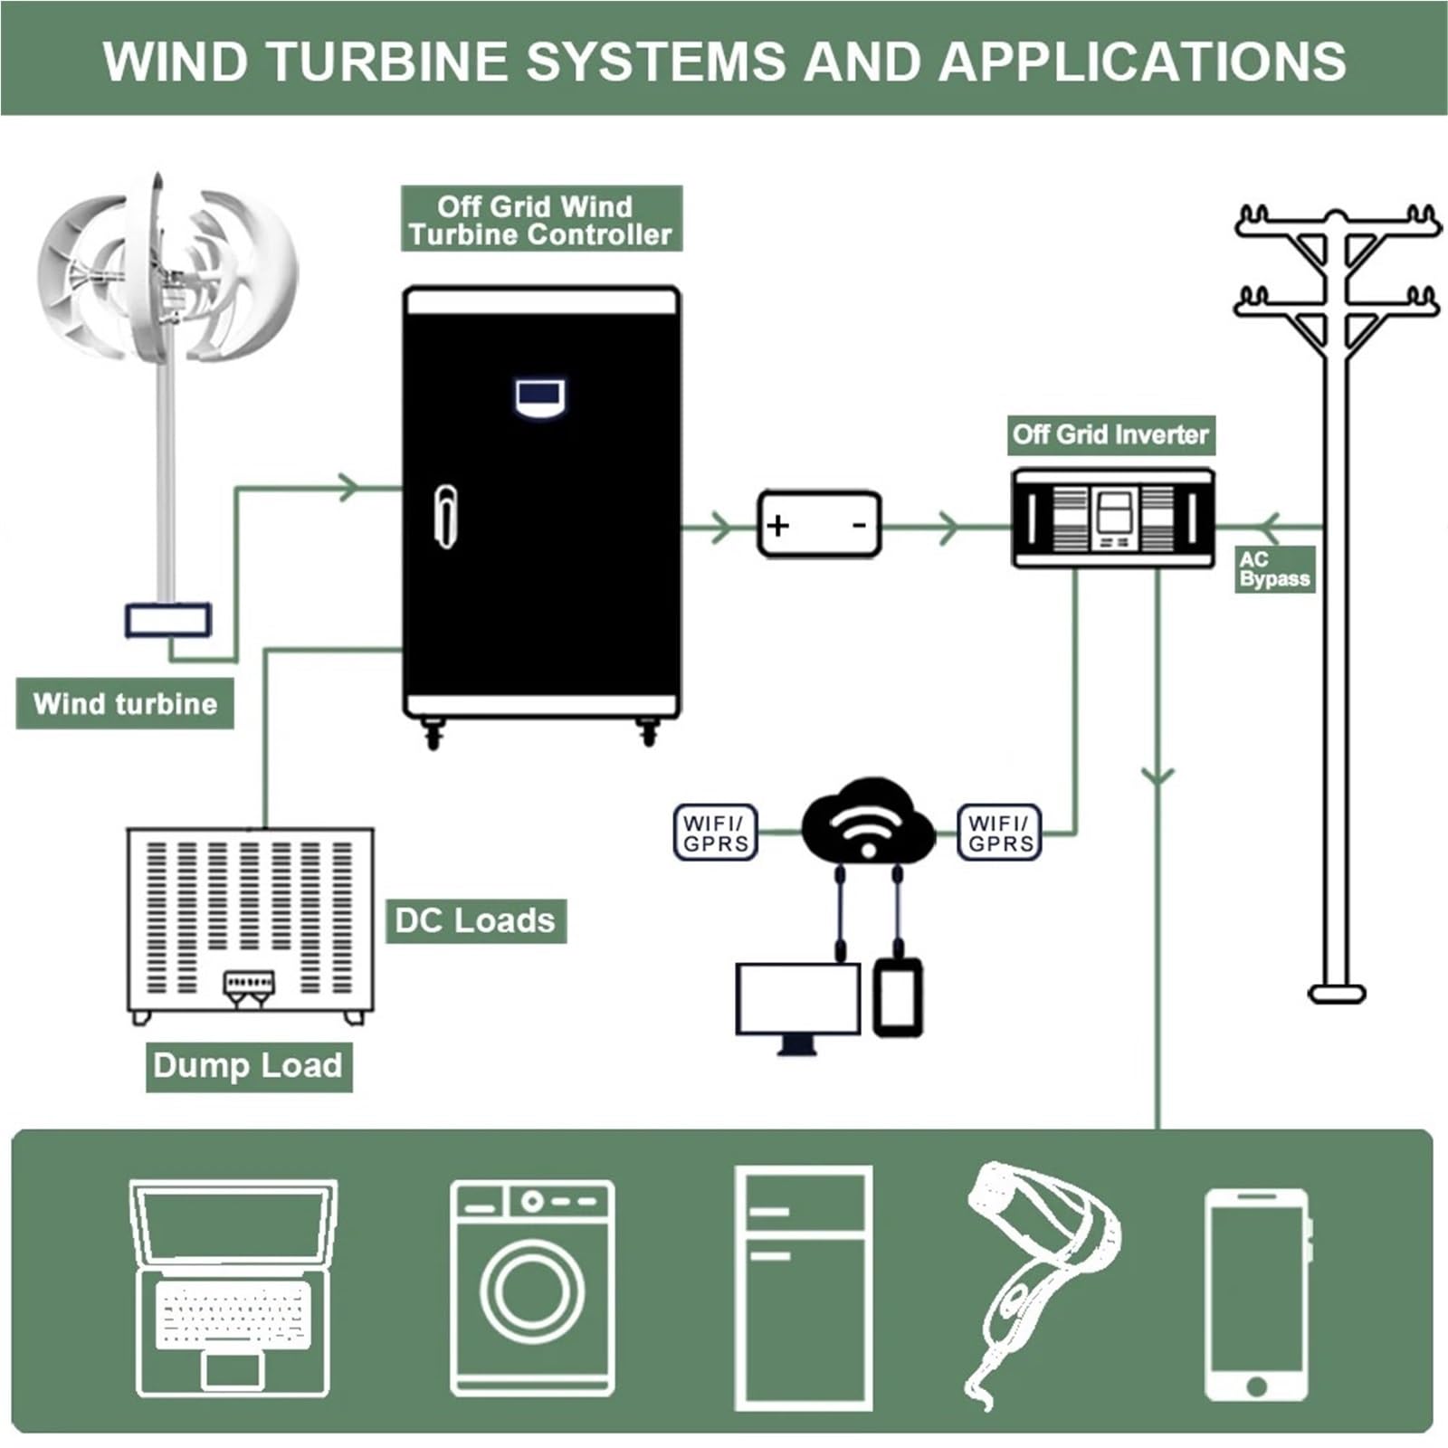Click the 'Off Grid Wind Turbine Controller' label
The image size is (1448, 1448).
pyautogui.click(x=540, y=219)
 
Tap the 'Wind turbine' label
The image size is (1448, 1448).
pyautogui.click(x=125, y=703)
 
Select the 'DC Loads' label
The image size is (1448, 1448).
pyautogui.click(x=476, y=920)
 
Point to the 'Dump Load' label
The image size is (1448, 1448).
pyautogui.click(x=248, y=1066)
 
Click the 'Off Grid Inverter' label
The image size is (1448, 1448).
pyautogui.click(x=1110, y=435)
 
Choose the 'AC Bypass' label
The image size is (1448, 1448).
pyautogui.click(x=1274, y=569)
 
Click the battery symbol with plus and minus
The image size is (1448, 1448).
pyautogui.click(x=819, y=524)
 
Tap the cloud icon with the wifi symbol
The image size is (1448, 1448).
pyautogui.click(x=868, y=819)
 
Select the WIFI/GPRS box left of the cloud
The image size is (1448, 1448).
pyautogui.click(x=715, y=833)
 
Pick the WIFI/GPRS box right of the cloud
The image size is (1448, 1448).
pyautogui.click(x=999, y=833)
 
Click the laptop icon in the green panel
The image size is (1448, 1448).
pyautogui.click(x=233, y=1289)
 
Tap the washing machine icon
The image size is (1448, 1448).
pyautogui.click(x=532, y=1289)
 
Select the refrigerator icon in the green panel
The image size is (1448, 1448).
pyautogui.click(x=804, y=1289)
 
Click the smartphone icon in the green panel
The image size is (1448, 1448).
pyautogui.click(x=1257, y=1295)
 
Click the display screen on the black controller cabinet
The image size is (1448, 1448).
pyautogui.click(x=540, y=398)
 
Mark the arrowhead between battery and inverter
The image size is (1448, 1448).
pyautogui.click(x=947, y=526)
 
